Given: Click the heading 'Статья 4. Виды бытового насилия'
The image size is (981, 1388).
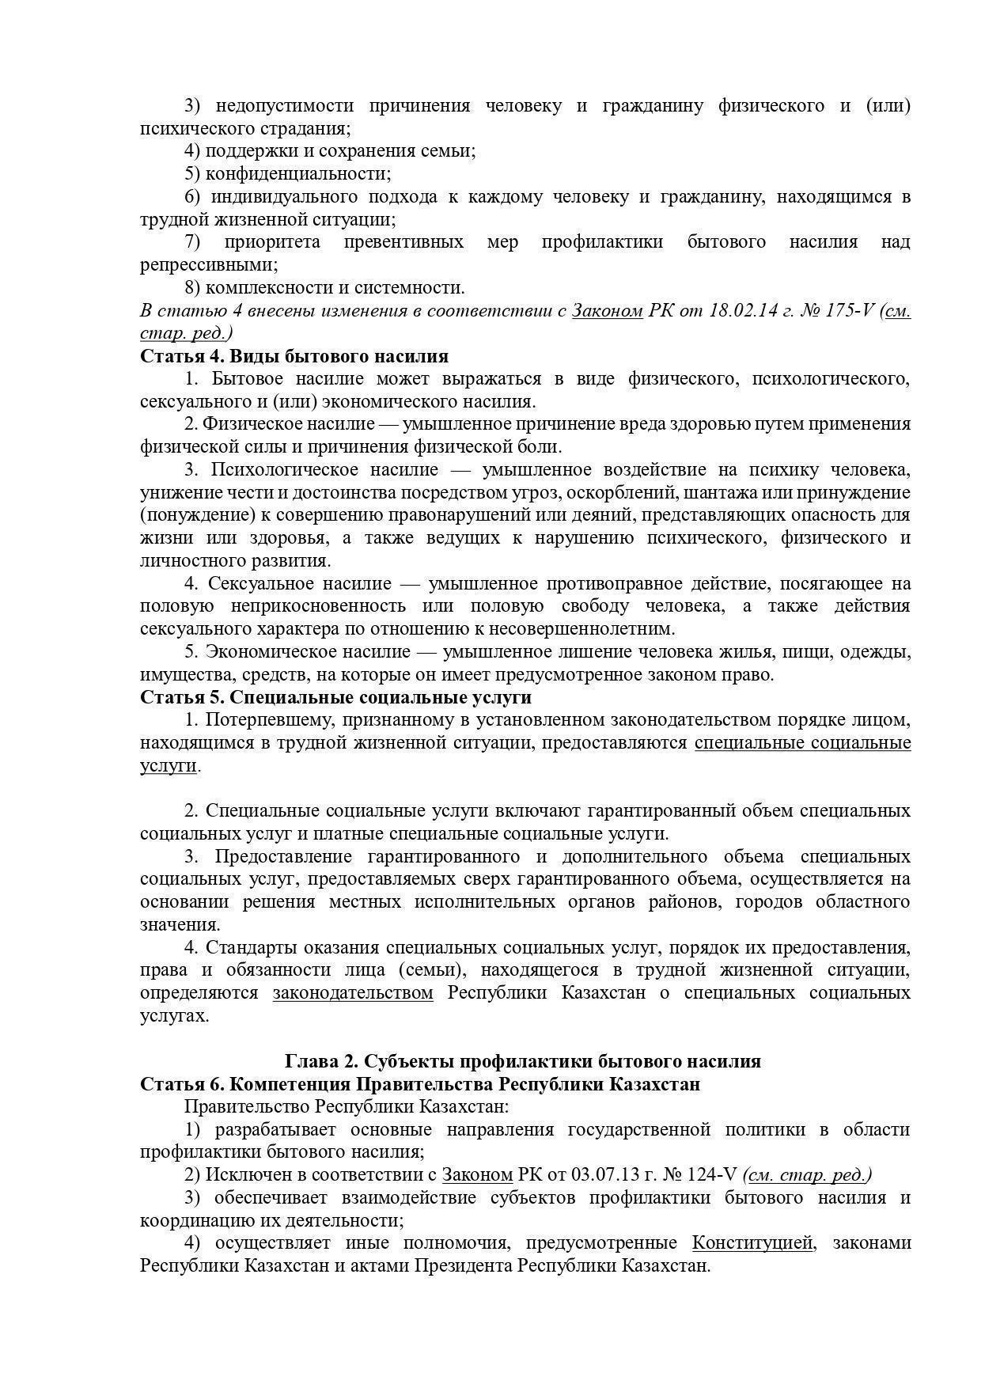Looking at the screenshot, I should point(294,356).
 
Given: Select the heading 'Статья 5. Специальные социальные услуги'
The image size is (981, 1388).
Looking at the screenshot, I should point(335,697).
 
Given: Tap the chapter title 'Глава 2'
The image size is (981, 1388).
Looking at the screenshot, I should point(320,1061).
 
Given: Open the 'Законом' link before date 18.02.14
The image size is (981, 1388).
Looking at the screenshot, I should point(607,310).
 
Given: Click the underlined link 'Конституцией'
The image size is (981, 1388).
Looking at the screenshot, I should point(752,1243).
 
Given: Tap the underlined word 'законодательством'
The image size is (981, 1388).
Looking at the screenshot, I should point(353,993).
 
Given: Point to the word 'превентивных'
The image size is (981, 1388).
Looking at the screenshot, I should point(403,242).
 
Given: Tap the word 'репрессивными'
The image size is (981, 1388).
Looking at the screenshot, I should point(209,265).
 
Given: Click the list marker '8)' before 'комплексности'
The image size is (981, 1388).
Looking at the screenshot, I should point(193,287).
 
